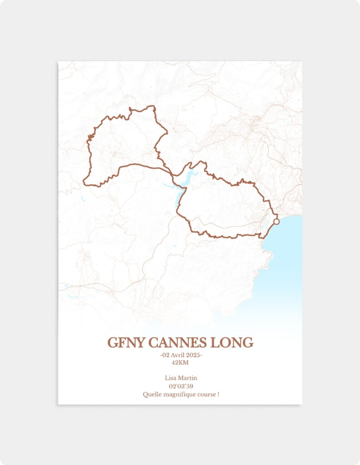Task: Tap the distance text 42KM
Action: [x=180, y=362]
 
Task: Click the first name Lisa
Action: [x=170, y=378]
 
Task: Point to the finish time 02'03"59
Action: [x=180, y=386]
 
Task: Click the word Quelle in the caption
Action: [x=152, y=394]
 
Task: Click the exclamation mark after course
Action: [x=218, y=394]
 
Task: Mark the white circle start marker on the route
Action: [x=276, y=222]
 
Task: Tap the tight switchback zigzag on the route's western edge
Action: [x=91, y=136]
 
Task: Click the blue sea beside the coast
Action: [x=286, y=254]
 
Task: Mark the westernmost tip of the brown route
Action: [x=84, y=183]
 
